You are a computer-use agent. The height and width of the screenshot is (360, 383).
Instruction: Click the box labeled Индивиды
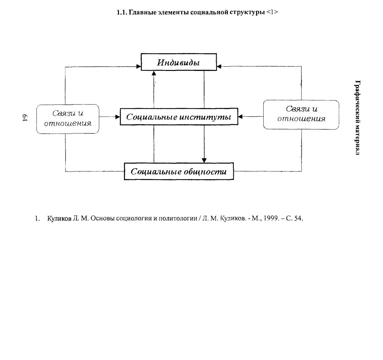179,62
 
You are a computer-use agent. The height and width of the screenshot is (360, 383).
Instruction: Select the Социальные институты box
179,117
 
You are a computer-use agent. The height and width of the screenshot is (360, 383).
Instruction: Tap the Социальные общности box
179,171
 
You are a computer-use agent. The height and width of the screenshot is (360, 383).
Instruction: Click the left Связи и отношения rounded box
68,119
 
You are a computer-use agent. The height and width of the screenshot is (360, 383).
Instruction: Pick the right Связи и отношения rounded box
301,114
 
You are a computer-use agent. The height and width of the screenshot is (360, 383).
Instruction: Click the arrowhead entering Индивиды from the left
139,66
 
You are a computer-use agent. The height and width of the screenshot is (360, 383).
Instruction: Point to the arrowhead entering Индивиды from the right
219,66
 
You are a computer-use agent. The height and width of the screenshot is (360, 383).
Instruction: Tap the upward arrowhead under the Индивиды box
154,73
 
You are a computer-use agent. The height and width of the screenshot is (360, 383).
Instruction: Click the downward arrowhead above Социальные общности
204,160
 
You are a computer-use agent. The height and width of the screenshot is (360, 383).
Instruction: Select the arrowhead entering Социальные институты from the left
117,117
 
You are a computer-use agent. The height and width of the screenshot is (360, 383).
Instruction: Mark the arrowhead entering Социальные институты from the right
240,117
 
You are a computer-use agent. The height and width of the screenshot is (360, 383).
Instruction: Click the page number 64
25,118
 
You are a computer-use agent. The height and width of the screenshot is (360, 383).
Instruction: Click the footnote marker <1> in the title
272,12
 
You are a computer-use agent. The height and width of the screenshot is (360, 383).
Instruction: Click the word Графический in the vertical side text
357,100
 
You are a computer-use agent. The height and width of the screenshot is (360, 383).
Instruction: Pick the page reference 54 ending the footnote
299,218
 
